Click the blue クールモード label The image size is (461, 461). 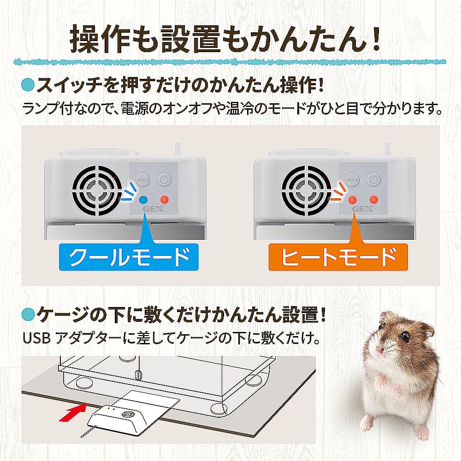click(x=129, y=257)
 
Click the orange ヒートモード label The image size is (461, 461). click(x=338, y=257)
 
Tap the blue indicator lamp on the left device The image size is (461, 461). click(x=143, y=200)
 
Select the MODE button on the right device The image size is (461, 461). click(x=352, y=179)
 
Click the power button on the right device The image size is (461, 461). click(x=373, y=179)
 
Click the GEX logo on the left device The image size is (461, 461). click(x=154, y=209)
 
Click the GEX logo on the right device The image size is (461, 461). click(x=363, y=209)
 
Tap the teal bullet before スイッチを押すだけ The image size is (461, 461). click(x=28, y=85)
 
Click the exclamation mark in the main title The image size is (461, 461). click(x=374, y=40)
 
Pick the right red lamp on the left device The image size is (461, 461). click(x=165, y=200)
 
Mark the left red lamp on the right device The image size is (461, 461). click(x=352, y=200)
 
